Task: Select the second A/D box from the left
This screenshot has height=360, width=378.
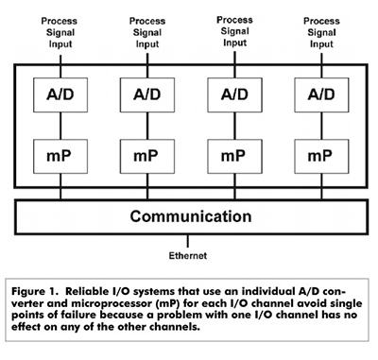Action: (147, 95)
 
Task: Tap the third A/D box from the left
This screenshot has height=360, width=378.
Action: (233, 95)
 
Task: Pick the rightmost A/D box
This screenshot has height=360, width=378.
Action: (319, 95)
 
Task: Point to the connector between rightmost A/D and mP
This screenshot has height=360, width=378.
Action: (319, 127)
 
